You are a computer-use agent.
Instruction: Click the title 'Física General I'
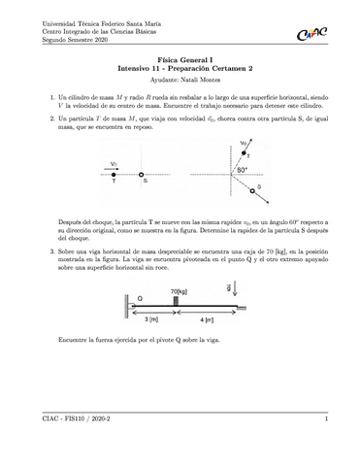[x=180, y=61]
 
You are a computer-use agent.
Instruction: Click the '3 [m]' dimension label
[x=151, y=319]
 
